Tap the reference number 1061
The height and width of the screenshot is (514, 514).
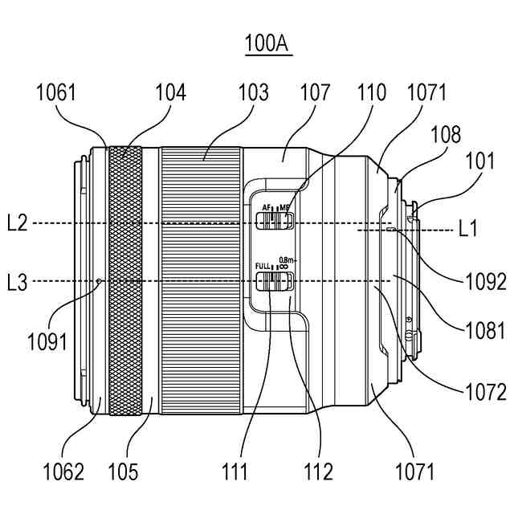click(56, 93)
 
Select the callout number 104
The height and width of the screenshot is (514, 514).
click(170, 93)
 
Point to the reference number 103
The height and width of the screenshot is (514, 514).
click(253, 93)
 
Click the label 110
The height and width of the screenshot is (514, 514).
click(372, 93)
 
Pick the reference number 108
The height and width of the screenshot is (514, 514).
click(445, 134)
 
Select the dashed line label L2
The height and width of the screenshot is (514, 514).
click(17, 222)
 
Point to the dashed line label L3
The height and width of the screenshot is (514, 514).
click(17, 282)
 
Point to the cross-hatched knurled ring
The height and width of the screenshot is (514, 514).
click(125, 281)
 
